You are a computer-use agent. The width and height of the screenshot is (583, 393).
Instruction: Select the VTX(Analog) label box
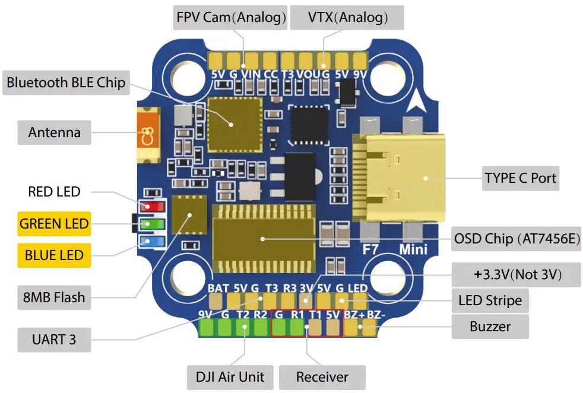click(347, 17)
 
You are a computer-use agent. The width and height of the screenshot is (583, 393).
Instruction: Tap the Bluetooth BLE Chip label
click(66, 82)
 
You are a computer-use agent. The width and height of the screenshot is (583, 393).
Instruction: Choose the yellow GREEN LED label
click(54, 224)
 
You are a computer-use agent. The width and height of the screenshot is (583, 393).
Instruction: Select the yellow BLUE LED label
click(54, 255)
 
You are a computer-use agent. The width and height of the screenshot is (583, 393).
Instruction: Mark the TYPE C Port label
click(520, 178)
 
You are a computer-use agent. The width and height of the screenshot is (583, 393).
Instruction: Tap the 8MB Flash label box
click(54, 297)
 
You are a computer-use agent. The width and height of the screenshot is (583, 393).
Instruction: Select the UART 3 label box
click(54, 340)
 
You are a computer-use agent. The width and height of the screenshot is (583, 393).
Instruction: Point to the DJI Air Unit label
click(230, 376)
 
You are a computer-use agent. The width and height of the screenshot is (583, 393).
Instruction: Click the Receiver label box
click(322, 376)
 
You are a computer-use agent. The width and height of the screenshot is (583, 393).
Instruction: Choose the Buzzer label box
click(490, 326)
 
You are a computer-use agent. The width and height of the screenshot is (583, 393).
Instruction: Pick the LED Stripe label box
click(490, 300)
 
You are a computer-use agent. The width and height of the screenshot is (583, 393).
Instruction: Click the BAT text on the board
click(218, 289)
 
